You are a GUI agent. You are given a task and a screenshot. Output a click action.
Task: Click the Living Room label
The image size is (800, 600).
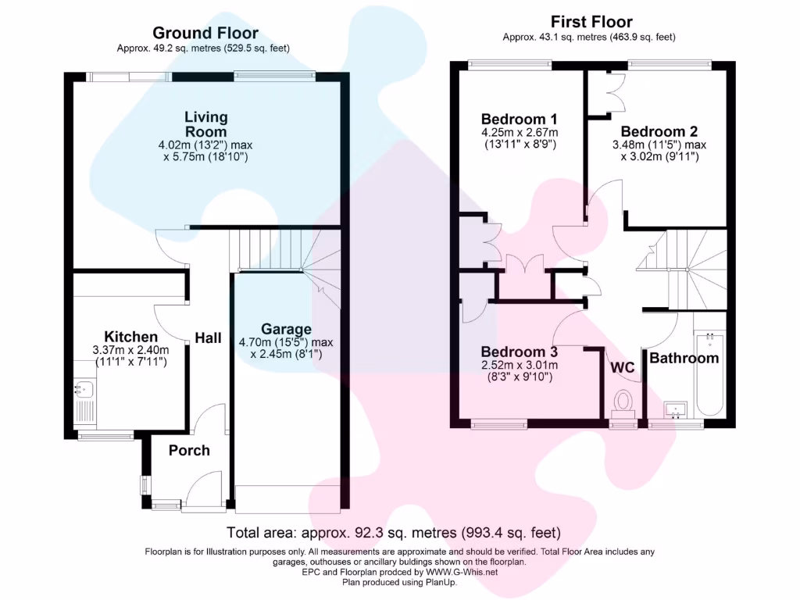(206, 124)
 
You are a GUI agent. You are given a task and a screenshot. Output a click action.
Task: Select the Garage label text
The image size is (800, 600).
(286, 329)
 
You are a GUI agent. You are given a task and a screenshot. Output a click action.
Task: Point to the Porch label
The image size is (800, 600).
(189, 450)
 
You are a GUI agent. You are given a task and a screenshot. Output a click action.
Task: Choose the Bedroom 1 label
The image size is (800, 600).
(519, 119)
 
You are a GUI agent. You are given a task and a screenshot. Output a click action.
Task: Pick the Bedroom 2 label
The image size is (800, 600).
(659, 131)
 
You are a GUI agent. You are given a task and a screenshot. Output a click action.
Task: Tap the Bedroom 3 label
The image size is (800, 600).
(519, 352)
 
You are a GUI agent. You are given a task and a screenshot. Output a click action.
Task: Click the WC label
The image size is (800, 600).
(623, 366)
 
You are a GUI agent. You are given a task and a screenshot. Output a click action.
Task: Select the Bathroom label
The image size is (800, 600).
(684, 359)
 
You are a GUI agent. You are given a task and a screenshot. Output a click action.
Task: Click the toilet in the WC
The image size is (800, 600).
(623, 402)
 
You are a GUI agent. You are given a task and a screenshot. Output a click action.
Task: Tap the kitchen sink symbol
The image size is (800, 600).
(84, 388)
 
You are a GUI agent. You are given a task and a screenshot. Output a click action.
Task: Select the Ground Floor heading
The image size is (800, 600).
(205, 33)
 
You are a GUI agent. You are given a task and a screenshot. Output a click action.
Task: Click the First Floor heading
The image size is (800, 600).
(591, 22)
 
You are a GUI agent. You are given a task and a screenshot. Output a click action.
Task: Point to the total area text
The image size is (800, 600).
(394, 534)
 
